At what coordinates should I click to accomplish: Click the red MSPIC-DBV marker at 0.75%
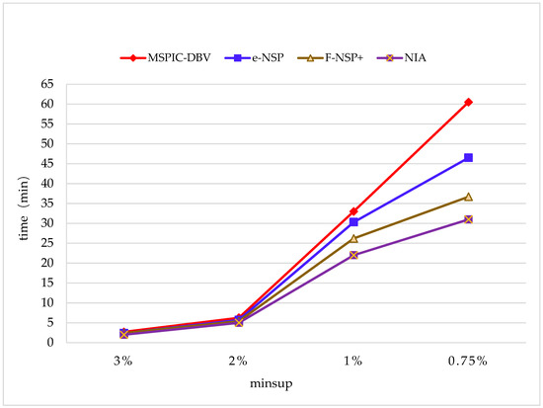(x=469, y=102)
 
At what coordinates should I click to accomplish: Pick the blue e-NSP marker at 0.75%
(x=469, y=158)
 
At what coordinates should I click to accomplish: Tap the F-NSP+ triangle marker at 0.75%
(x=469, y=197)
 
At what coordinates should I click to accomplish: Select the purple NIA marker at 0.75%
(x=469, y=219)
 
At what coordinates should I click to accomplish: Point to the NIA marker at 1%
(x=353, y=255)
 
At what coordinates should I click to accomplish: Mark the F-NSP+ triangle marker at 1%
(x=353, y=238)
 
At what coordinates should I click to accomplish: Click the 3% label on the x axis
(x=122, y=361)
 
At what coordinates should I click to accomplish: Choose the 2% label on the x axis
(x=238, y=361)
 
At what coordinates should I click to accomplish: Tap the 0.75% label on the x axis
(x=469, y=361)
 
